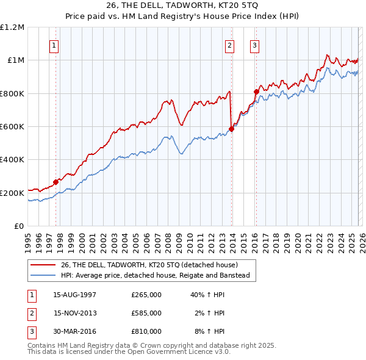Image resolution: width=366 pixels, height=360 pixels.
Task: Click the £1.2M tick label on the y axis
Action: click(x=13, y=27)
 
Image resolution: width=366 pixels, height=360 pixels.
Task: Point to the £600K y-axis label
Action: click(x=13, y=127)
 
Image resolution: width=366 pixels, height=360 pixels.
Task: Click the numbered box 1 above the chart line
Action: click(x=54, y=45)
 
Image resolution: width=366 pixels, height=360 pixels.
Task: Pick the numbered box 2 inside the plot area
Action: click(x=229, y=45)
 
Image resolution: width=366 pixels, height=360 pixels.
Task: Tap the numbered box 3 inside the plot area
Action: click(x=254, y=45)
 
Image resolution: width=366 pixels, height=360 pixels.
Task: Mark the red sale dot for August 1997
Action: click(x=56, y=181)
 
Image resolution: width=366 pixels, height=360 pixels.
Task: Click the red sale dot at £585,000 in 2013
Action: click(x=232, y=129)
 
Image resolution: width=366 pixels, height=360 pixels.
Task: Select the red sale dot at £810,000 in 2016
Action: click(x=257, y=92)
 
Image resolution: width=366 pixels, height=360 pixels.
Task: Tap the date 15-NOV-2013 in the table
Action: click(x=75, y=313)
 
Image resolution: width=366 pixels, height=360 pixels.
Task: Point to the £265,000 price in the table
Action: click(x=146, y=295)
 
